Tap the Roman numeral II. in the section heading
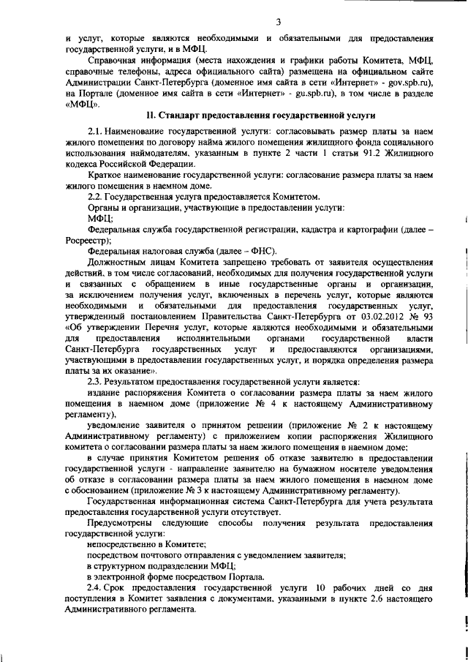151,116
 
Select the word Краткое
104,177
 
